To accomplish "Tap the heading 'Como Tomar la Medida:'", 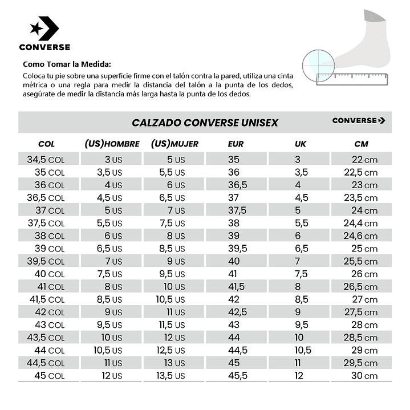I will click(67, 64).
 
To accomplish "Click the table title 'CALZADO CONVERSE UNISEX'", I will click(205, 123).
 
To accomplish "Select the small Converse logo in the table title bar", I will click(359, 120).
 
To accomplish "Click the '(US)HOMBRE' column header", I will click(112, 144).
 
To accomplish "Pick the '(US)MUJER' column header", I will click(174, 144).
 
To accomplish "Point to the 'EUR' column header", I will click(236, 144).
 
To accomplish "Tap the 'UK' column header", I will click(301, 144).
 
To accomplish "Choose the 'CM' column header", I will click(361, 144).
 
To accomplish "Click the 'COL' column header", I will click(46, 144).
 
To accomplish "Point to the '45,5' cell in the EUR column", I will click(238, 375).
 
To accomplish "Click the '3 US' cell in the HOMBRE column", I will click(113, 160).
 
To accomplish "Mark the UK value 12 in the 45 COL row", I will click(300, 375).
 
